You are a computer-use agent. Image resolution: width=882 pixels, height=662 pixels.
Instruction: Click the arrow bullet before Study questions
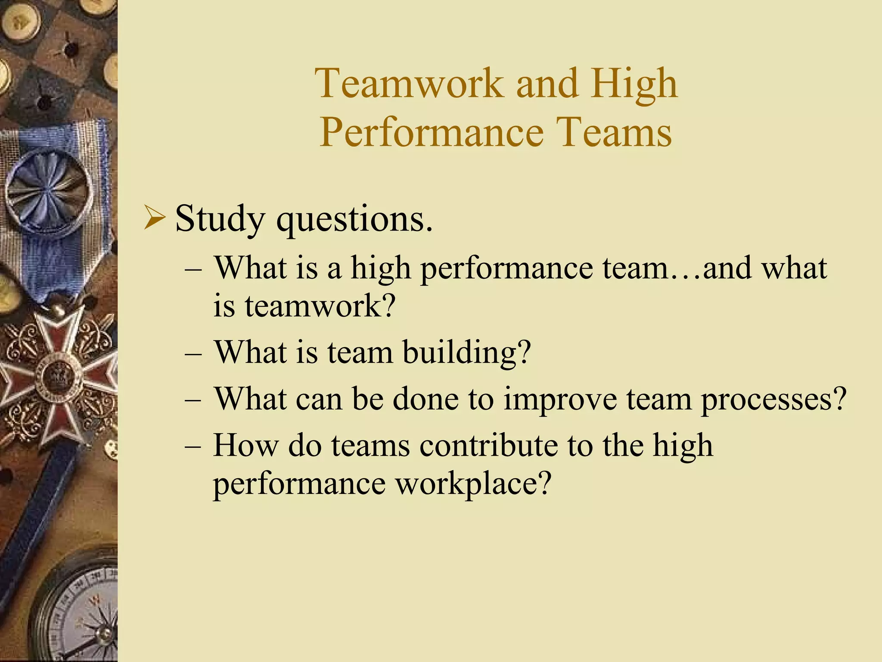(154, 218)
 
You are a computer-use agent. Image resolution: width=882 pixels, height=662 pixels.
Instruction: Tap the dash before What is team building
(193, 353)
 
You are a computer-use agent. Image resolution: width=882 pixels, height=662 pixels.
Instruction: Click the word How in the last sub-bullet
(245, 445)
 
